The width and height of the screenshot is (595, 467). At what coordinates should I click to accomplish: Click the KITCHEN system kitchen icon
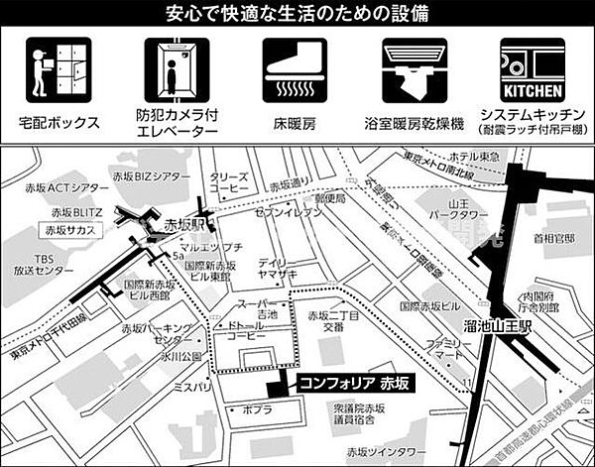pos(534,72)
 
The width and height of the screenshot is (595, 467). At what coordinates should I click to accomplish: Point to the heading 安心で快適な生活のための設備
pos(297,14)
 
